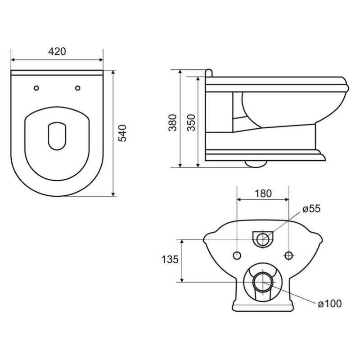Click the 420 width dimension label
pos(57,51)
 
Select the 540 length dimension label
pos(122,133)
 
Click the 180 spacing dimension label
pos(263,193)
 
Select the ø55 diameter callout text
pos(311,209)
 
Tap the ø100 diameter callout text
pos(329,304)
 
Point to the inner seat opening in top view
pos(57,135)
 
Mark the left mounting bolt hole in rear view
pos(237,255)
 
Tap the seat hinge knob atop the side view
pos(208,73)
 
